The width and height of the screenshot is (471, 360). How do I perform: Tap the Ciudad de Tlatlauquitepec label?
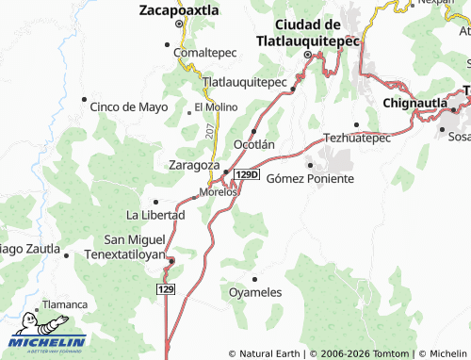pyautogui.click(x=307, y=32)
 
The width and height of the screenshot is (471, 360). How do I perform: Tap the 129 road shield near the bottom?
pyautogui.click(x=167, y=287)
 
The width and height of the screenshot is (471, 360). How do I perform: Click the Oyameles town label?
pyautogui.click(x=255, y=292)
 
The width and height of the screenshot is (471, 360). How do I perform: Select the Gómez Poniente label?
pyautogui.click(x=310, y=178)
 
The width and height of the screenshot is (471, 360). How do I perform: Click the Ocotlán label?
pyautogui.click(x=253, y=144)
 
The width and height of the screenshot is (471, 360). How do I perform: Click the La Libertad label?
pyautogui.click(x=155, y=215)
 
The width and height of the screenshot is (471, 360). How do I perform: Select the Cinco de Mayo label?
pyautogui.click(x=128, y=106)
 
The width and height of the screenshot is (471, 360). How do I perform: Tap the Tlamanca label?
pyautogui.click(x=67, y=305)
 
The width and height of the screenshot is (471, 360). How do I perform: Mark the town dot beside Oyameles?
pyautogui.click(x=255, y=278)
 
